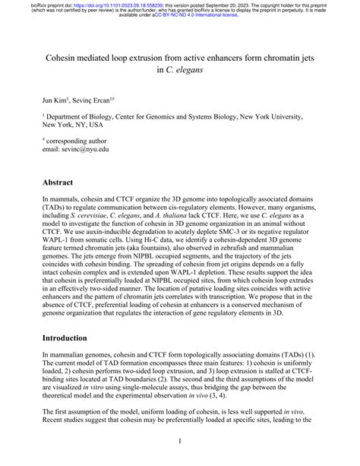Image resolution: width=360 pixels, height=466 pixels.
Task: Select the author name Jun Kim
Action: (x=55, y=100)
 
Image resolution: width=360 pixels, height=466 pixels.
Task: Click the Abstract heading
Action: (x=58, y=183)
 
